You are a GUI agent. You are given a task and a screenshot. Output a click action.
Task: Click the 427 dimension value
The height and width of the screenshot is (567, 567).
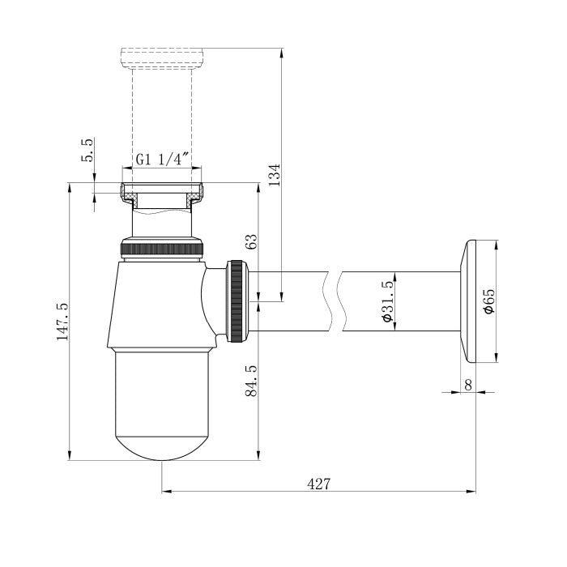click(318, 483)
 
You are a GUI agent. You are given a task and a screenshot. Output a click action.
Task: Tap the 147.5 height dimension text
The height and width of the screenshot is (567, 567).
click(62, 322)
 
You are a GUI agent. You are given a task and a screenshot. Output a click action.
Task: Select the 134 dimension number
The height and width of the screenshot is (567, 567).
click(275, 175)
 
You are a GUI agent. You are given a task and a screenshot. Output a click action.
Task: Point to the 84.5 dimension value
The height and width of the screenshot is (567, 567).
click(251, 381)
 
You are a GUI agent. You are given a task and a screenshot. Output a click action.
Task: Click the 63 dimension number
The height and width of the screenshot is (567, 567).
click(251, 241)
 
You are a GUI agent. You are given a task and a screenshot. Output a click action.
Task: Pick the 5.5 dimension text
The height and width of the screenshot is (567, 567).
click(87, 150)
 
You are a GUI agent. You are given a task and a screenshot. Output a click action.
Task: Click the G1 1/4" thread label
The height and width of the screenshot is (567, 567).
click(162, 159)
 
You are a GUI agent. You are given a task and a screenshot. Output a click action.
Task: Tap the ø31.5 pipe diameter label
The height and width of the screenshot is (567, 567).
click(387, 301)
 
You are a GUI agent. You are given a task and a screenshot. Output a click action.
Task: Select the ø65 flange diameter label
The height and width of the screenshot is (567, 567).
click(488, 301)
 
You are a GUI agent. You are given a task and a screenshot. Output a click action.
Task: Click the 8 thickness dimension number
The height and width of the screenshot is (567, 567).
click(468, 385)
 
